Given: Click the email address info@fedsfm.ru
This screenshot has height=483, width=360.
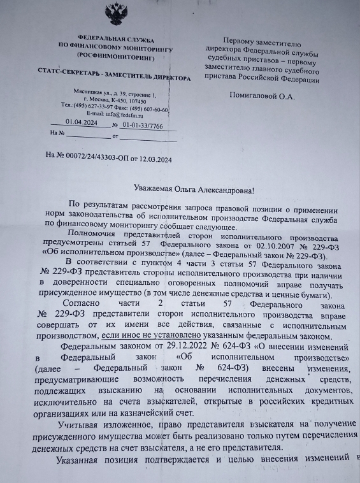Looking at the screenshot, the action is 131,115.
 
